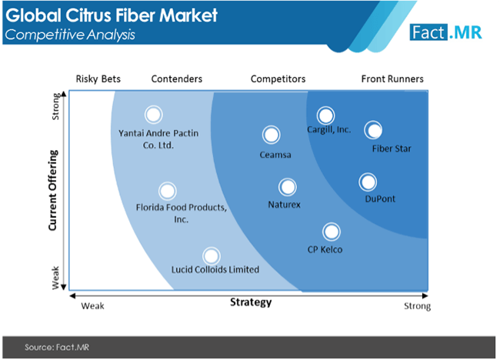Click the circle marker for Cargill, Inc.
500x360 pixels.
click(325, 115)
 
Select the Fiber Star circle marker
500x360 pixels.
click(373, 130)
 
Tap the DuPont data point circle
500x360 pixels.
click(368, 182)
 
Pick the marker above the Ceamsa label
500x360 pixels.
click(271, 135)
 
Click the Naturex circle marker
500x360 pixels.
click(288, 187)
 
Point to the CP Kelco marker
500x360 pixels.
click(332, 232)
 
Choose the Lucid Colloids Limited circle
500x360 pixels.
click(211, 256)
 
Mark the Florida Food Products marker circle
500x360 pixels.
click(168, 191)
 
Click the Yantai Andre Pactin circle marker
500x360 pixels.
click(153, 115)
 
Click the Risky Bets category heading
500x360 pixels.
click(98, 78)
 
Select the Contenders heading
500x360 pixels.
click(177, 78)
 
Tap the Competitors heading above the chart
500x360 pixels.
click(278, 78)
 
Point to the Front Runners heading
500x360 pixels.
click(392, 78)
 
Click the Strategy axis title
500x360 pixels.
click(251, 302)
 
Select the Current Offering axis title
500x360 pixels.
click(52, 190)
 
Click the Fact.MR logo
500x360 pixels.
click(446, 32)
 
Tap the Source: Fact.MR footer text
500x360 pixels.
click(57, 347)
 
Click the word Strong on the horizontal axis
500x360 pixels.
click(417, 306)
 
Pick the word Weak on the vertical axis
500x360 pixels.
click(55, 278)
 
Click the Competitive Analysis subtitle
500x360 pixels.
click(70, 35)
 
